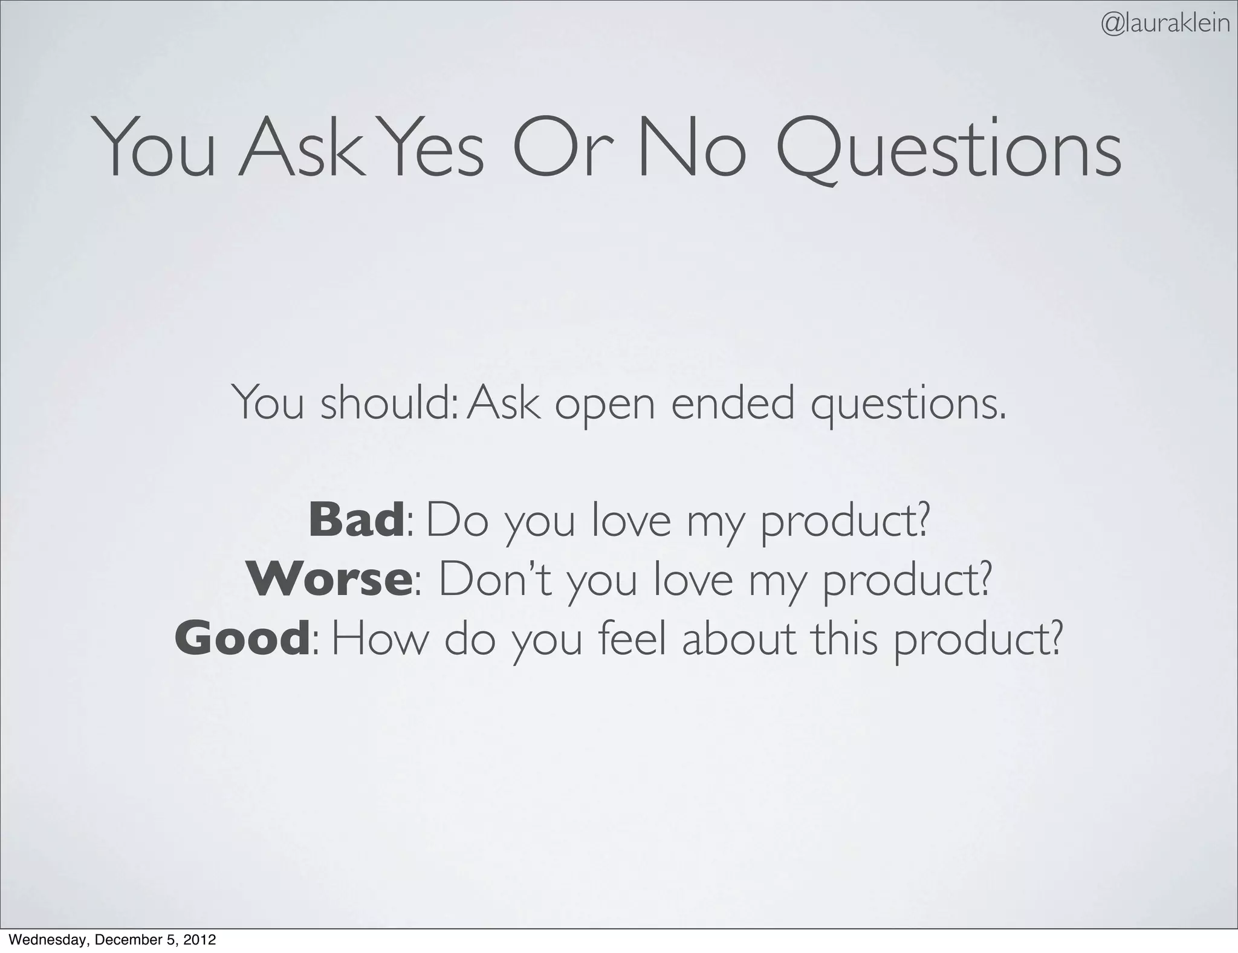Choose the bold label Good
(x=242, y=639)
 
